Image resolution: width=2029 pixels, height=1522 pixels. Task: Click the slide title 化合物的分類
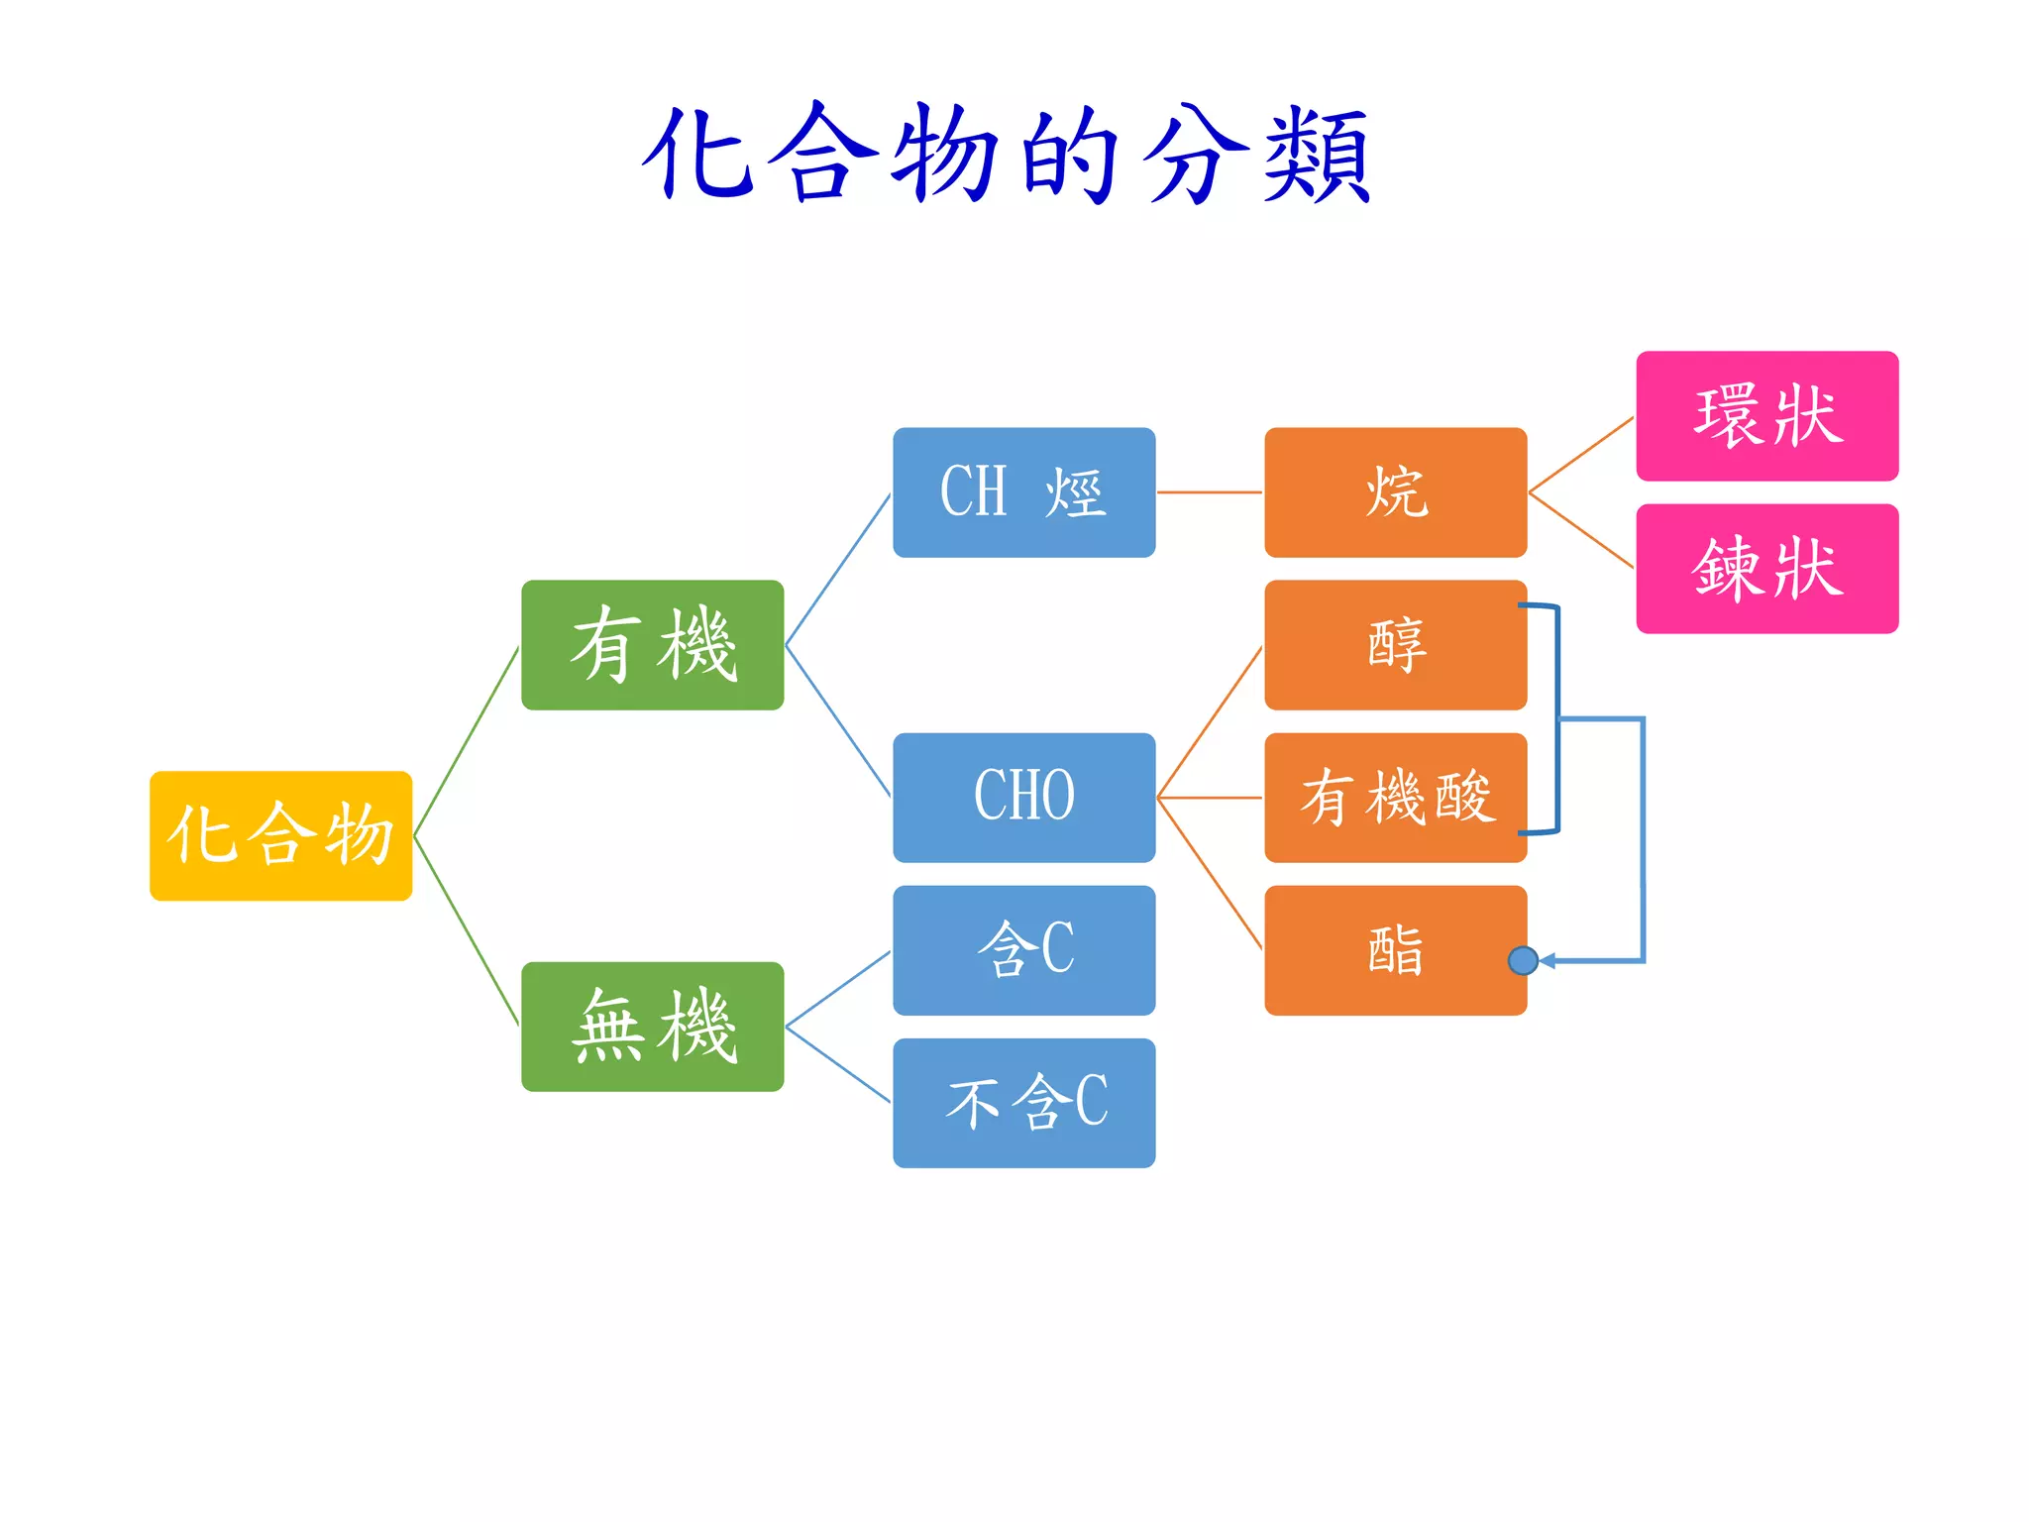coord(1007,155)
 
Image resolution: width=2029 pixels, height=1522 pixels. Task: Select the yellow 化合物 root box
coord(280,835)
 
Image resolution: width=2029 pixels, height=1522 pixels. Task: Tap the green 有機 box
coord(652,645)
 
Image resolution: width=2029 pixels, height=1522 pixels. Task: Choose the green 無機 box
coord(652,1027)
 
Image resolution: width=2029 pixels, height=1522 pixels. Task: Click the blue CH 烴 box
coord(1023,492)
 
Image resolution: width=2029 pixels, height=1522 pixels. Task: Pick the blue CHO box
coord(1023,798)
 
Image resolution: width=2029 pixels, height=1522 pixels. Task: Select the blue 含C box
coord(1023,950)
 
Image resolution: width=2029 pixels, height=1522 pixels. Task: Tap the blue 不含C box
coord(1023,1103)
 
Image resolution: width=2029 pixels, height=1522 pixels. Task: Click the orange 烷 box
coord(1395,492)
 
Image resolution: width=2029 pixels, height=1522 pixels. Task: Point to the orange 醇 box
coord(1395,645)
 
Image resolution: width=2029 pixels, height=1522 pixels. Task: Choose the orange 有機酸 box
coord(1395,798)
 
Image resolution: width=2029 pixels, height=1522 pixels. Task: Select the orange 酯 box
coord(1395,950)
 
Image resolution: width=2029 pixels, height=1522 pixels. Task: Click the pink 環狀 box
coord(1766,416)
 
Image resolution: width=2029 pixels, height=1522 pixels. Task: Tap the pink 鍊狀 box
coord(1766,569)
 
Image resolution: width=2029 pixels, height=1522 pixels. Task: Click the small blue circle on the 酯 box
coord(1523,960)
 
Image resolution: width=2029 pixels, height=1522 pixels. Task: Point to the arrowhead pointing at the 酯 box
coord(1547,960)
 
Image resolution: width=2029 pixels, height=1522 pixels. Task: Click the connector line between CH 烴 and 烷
coord(1210,492)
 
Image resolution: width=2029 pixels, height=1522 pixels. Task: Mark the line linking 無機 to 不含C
coord(838,1065)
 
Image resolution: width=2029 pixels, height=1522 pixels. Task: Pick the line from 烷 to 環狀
coord(1581,455)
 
